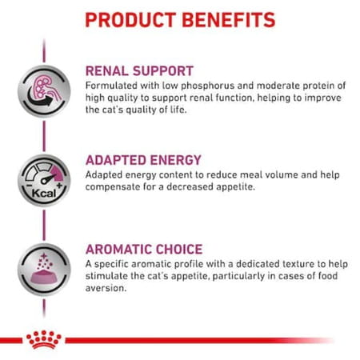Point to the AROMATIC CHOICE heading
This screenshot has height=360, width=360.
coord(143,249)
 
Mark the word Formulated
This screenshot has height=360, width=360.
coord(112,86)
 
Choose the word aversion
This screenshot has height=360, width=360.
coord(107,290)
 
